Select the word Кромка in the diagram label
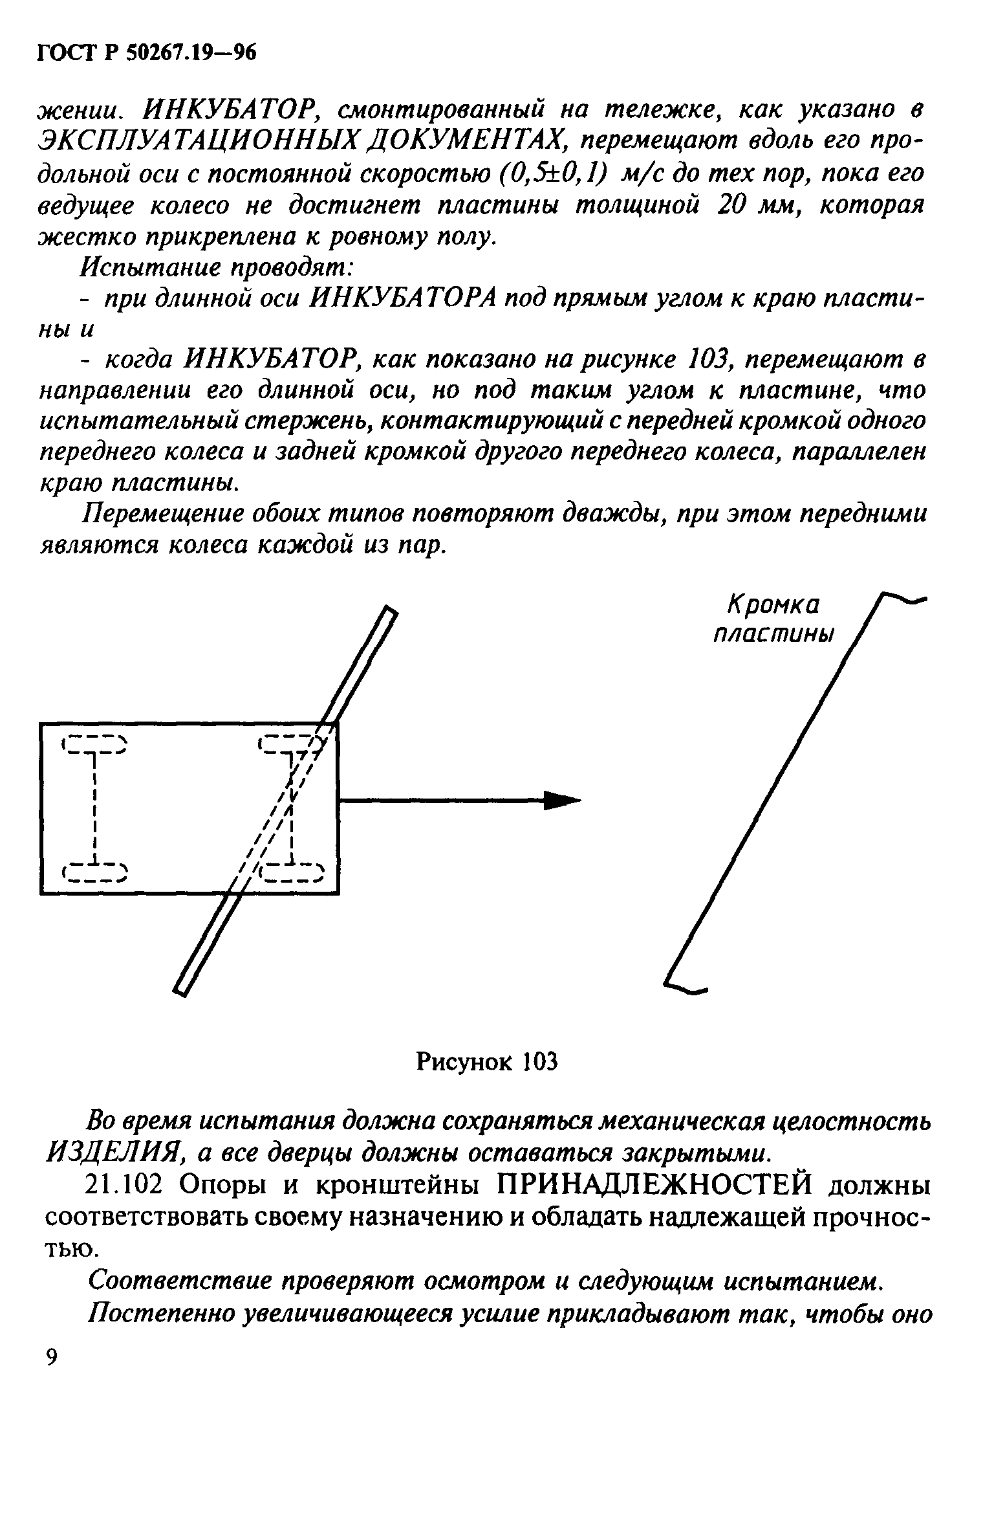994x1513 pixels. pyautogui.click(x=773, y=606)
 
